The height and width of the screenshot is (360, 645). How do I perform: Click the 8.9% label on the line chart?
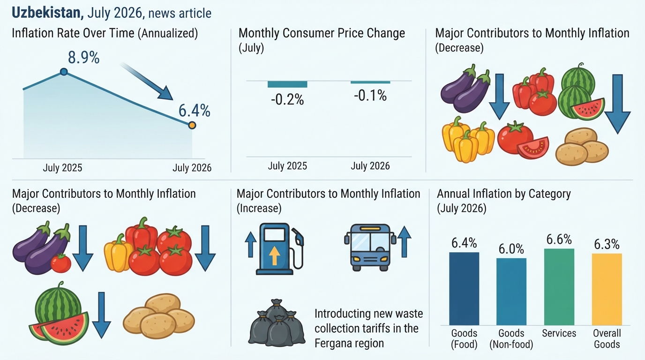84,57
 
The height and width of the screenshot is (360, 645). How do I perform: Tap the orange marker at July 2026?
192,125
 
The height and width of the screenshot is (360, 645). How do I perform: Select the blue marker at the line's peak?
64,72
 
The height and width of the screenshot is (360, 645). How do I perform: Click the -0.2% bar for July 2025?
287,84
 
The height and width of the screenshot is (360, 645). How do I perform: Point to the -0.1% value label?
370,96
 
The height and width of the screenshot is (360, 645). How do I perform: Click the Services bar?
559,287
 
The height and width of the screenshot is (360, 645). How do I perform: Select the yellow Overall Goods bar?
607,289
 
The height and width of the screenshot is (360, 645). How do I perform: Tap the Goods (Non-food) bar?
511,292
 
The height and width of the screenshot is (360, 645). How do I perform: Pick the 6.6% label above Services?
559,240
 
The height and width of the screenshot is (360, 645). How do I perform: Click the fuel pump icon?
279,249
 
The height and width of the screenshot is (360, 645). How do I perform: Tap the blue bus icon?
370,247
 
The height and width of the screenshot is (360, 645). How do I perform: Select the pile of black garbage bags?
277,322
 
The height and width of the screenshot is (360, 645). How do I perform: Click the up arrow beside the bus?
404,241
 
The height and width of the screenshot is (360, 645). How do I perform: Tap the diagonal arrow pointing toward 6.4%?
147,81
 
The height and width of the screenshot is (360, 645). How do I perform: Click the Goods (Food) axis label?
464,339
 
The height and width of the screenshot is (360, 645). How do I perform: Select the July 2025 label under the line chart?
62,168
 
